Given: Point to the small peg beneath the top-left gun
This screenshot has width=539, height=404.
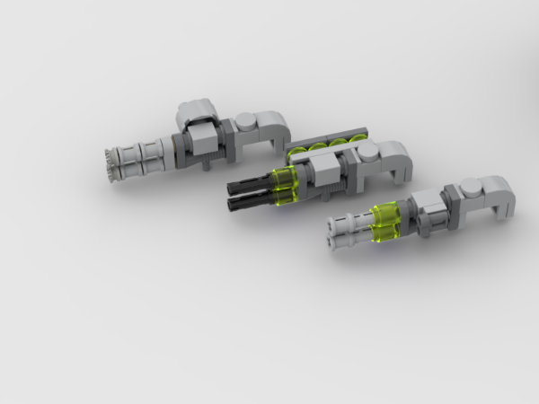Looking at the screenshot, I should [208, 164].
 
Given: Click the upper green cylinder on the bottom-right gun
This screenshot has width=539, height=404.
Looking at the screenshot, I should [386, 215].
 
